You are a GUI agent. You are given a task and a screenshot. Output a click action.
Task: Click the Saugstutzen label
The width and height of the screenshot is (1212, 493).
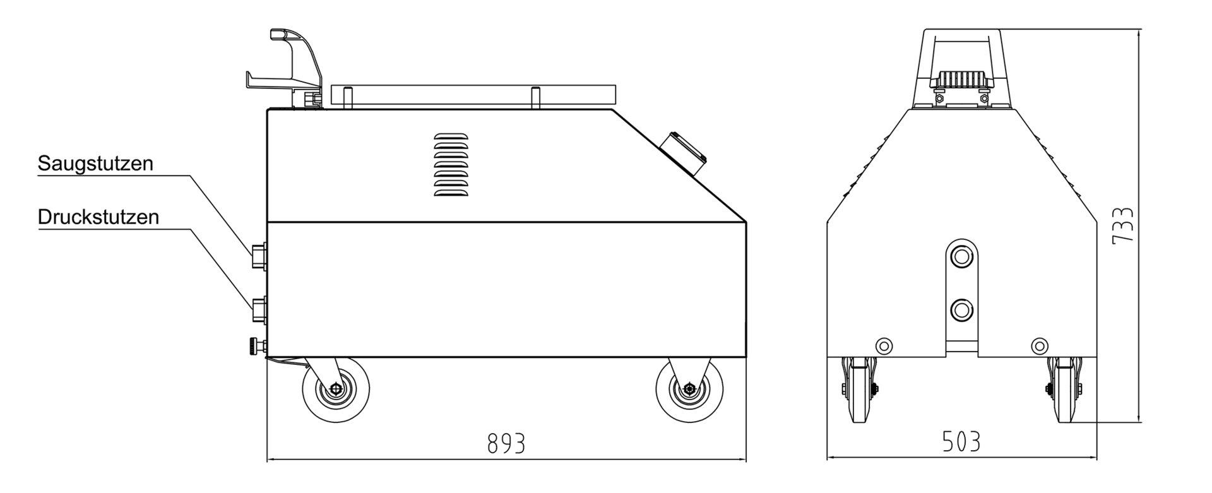click(x=95, y=163)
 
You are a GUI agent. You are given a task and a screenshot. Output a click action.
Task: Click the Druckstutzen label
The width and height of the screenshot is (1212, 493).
click(x=98, y=217)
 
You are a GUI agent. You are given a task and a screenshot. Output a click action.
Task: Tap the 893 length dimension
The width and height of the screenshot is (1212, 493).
click(x=506, y=444)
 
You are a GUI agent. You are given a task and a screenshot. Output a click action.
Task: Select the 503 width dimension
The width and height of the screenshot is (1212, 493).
click(x=961, y=441)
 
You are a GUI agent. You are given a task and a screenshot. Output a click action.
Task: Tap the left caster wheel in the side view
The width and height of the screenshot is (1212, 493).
click(x=335, y=389)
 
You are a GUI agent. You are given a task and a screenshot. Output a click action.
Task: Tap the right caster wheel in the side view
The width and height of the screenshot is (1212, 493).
click(x=689, y=389)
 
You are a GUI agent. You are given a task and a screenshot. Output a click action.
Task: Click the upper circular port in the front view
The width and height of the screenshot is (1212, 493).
click(x=961, y=256)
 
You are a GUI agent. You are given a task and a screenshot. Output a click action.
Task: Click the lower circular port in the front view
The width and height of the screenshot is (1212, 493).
click(x=961, y=309)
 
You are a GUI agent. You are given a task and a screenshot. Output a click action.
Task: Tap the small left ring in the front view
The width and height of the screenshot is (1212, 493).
click(x=884, y=345)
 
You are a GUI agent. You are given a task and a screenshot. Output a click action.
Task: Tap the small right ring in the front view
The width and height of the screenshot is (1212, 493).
click(x=1038, y=345)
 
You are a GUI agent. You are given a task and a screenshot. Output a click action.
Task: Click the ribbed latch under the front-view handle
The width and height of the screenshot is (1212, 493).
click(x=960, y=80)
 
